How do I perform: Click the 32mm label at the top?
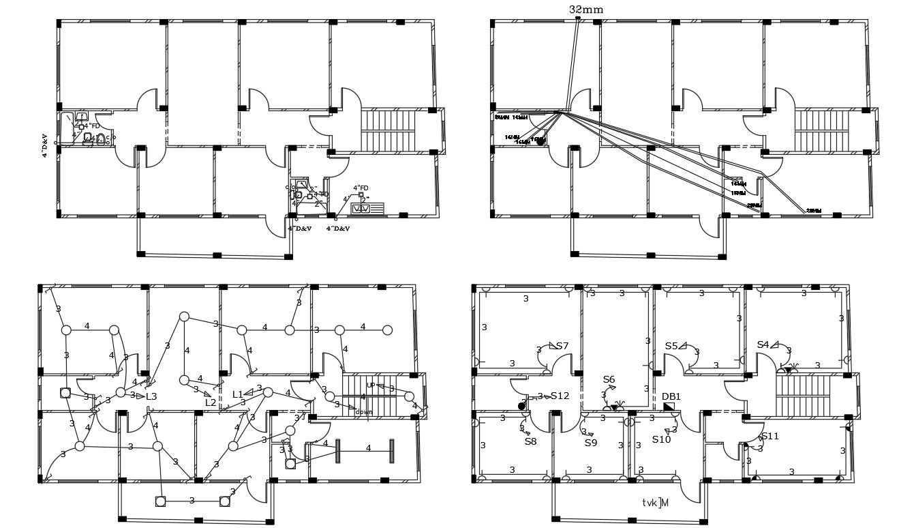tap(585, 10)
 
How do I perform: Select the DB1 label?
tap(671, 396)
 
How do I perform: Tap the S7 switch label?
tap(562, 346)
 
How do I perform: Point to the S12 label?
tap(560, 396)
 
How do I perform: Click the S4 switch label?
tap(763, 345)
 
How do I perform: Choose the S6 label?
tap(609, 379)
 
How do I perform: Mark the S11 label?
tap(770, 436)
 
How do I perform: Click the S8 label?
tap(530, 441)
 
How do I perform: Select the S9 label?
tap(591, 443)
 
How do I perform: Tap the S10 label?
tap(661, 439)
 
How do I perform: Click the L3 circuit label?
tap(151, 396)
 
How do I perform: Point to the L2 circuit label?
tap(211, 402)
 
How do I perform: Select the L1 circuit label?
tap(238, 394)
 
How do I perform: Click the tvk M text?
tap(655, 503)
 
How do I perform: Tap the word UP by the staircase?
tap(371, 385)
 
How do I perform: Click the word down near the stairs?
tap(363, 412)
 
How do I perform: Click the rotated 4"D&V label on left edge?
tap(45, 145)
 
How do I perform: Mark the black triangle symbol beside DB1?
tap(668, 407)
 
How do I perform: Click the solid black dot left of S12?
tap(521, 406)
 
